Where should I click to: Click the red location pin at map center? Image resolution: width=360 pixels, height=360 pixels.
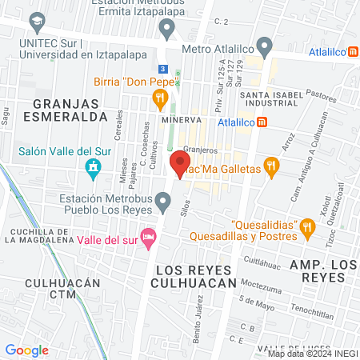(x=177, y=165)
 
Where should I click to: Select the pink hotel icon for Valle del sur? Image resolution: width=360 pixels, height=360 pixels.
(x=148, y=238)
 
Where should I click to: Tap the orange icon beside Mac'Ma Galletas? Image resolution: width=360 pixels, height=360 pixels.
(x=272, y=169)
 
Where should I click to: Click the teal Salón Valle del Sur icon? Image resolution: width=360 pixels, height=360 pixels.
(x=93, y=168)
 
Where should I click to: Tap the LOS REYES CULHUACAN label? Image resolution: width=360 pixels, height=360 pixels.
(x=197, y=275)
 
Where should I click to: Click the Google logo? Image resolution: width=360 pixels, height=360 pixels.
(x=27, y=350)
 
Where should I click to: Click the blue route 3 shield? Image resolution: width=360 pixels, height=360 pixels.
(x=162, y=69)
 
